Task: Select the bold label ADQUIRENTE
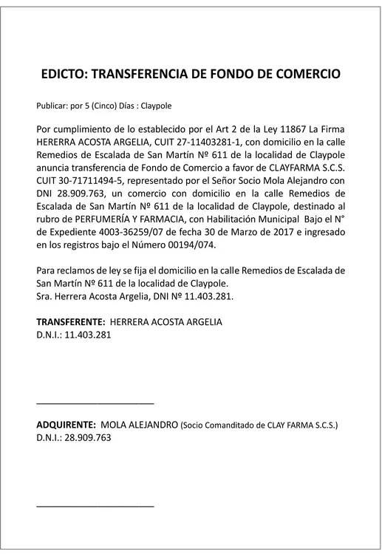[x=66, y=425]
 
